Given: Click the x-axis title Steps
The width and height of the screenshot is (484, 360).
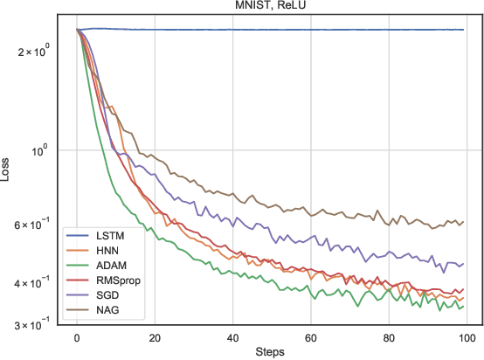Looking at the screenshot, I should click(x=270, y=351).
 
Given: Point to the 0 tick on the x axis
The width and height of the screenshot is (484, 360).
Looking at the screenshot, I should click(x=77, y=337).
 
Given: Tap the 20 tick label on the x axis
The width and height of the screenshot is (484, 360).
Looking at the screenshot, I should click(x=155, y=337).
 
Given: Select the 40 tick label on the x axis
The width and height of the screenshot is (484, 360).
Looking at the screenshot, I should click(x=232, y=337).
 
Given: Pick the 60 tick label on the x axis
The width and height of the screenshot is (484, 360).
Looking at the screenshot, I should click(x=310, y=337).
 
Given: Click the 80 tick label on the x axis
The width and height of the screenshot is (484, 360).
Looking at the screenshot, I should click(x=388, y=337).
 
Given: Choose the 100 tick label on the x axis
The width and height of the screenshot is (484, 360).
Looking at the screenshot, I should click(x=466, y=337).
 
